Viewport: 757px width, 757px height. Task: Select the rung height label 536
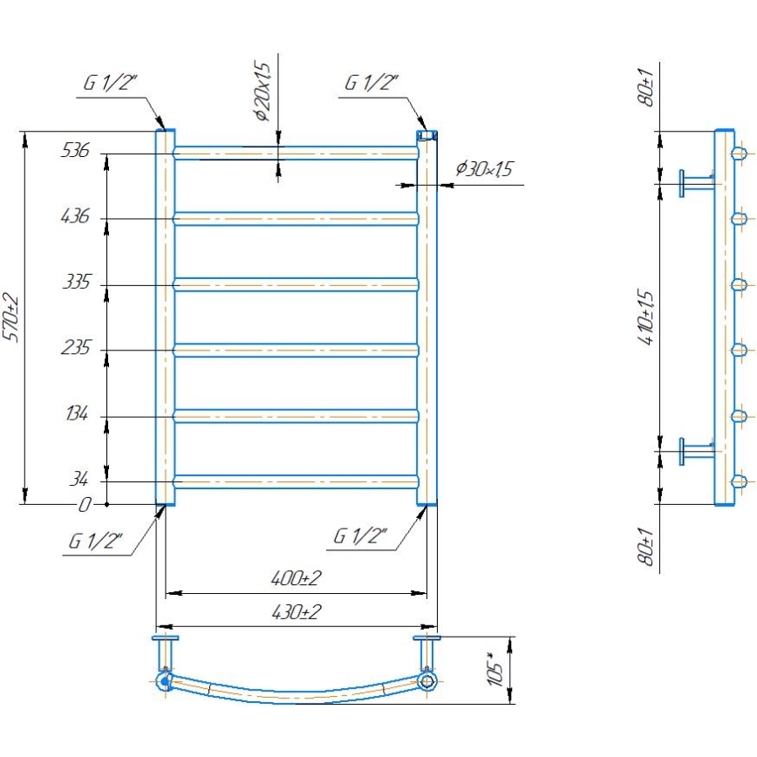(x=75, y=151)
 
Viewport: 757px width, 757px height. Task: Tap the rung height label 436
(x=75, y=216)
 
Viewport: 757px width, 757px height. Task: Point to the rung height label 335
(x=75, y=283)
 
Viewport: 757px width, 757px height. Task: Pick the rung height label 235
(x=75, y=349)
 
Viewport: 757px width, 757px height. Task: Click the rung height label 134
(x=75, y=415)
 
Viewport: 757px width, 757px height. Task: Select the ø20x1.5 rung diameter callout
(x=263, y=92)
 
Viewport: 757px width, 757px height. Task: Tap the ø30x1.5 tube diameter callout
(x=483, y=169)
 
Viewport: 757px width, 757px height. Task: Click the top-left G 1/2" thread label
(x=111, y=84)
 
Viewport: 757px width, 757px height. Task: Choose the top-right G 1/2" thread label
(x=372, y=84)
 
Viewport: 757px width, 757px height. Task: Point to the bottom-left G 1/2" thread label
(x=96, y=540)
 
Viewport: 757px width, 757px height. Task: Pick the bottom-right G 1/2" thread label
(x=360, y=535)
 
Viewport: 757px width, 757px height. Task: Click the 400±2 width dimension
(x=296, y=579)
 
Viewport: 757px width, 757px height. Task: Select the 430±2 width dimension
(x=296, y=612)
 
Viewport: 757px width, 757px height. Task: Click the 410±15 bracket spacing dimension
(x=645, y=317)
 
